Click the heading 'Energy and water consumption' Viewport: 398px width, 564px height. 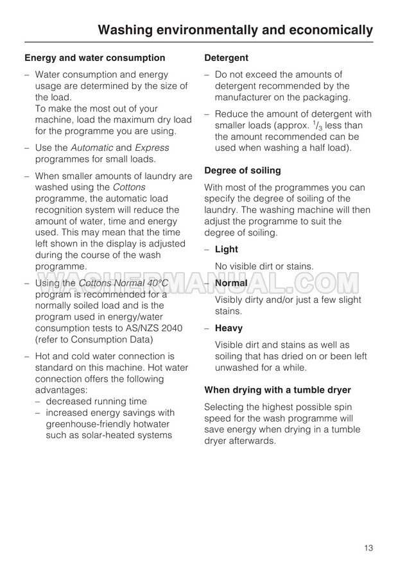(x=94, y=58)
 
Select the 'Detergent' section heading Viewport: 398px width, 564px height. (x=226, y=58)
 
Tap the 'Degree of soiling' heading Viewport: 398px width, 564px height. (x=242, y=170)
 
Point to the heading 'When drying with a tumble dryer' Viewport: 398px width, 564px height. (x=277, y=389)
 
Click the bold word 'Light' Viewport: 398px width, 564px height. (x=226, y=249)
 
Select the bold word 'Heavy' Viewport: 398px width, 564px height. (x=229, y=328)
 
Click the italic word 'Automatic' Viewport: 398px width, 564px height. (x=91, y=148)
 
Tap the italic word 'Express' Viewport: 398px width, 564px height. (x=153, y=148)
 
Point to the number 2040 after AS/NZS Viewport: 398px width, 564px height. (x=169, y=328)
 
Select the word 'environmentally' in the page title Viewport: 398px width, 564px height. (x=198, y=30)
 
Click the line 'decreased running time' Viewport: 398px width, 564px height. (x=96, y=401)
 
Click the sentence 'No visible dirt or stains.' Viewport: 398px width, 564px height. (x=264, y=266)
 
